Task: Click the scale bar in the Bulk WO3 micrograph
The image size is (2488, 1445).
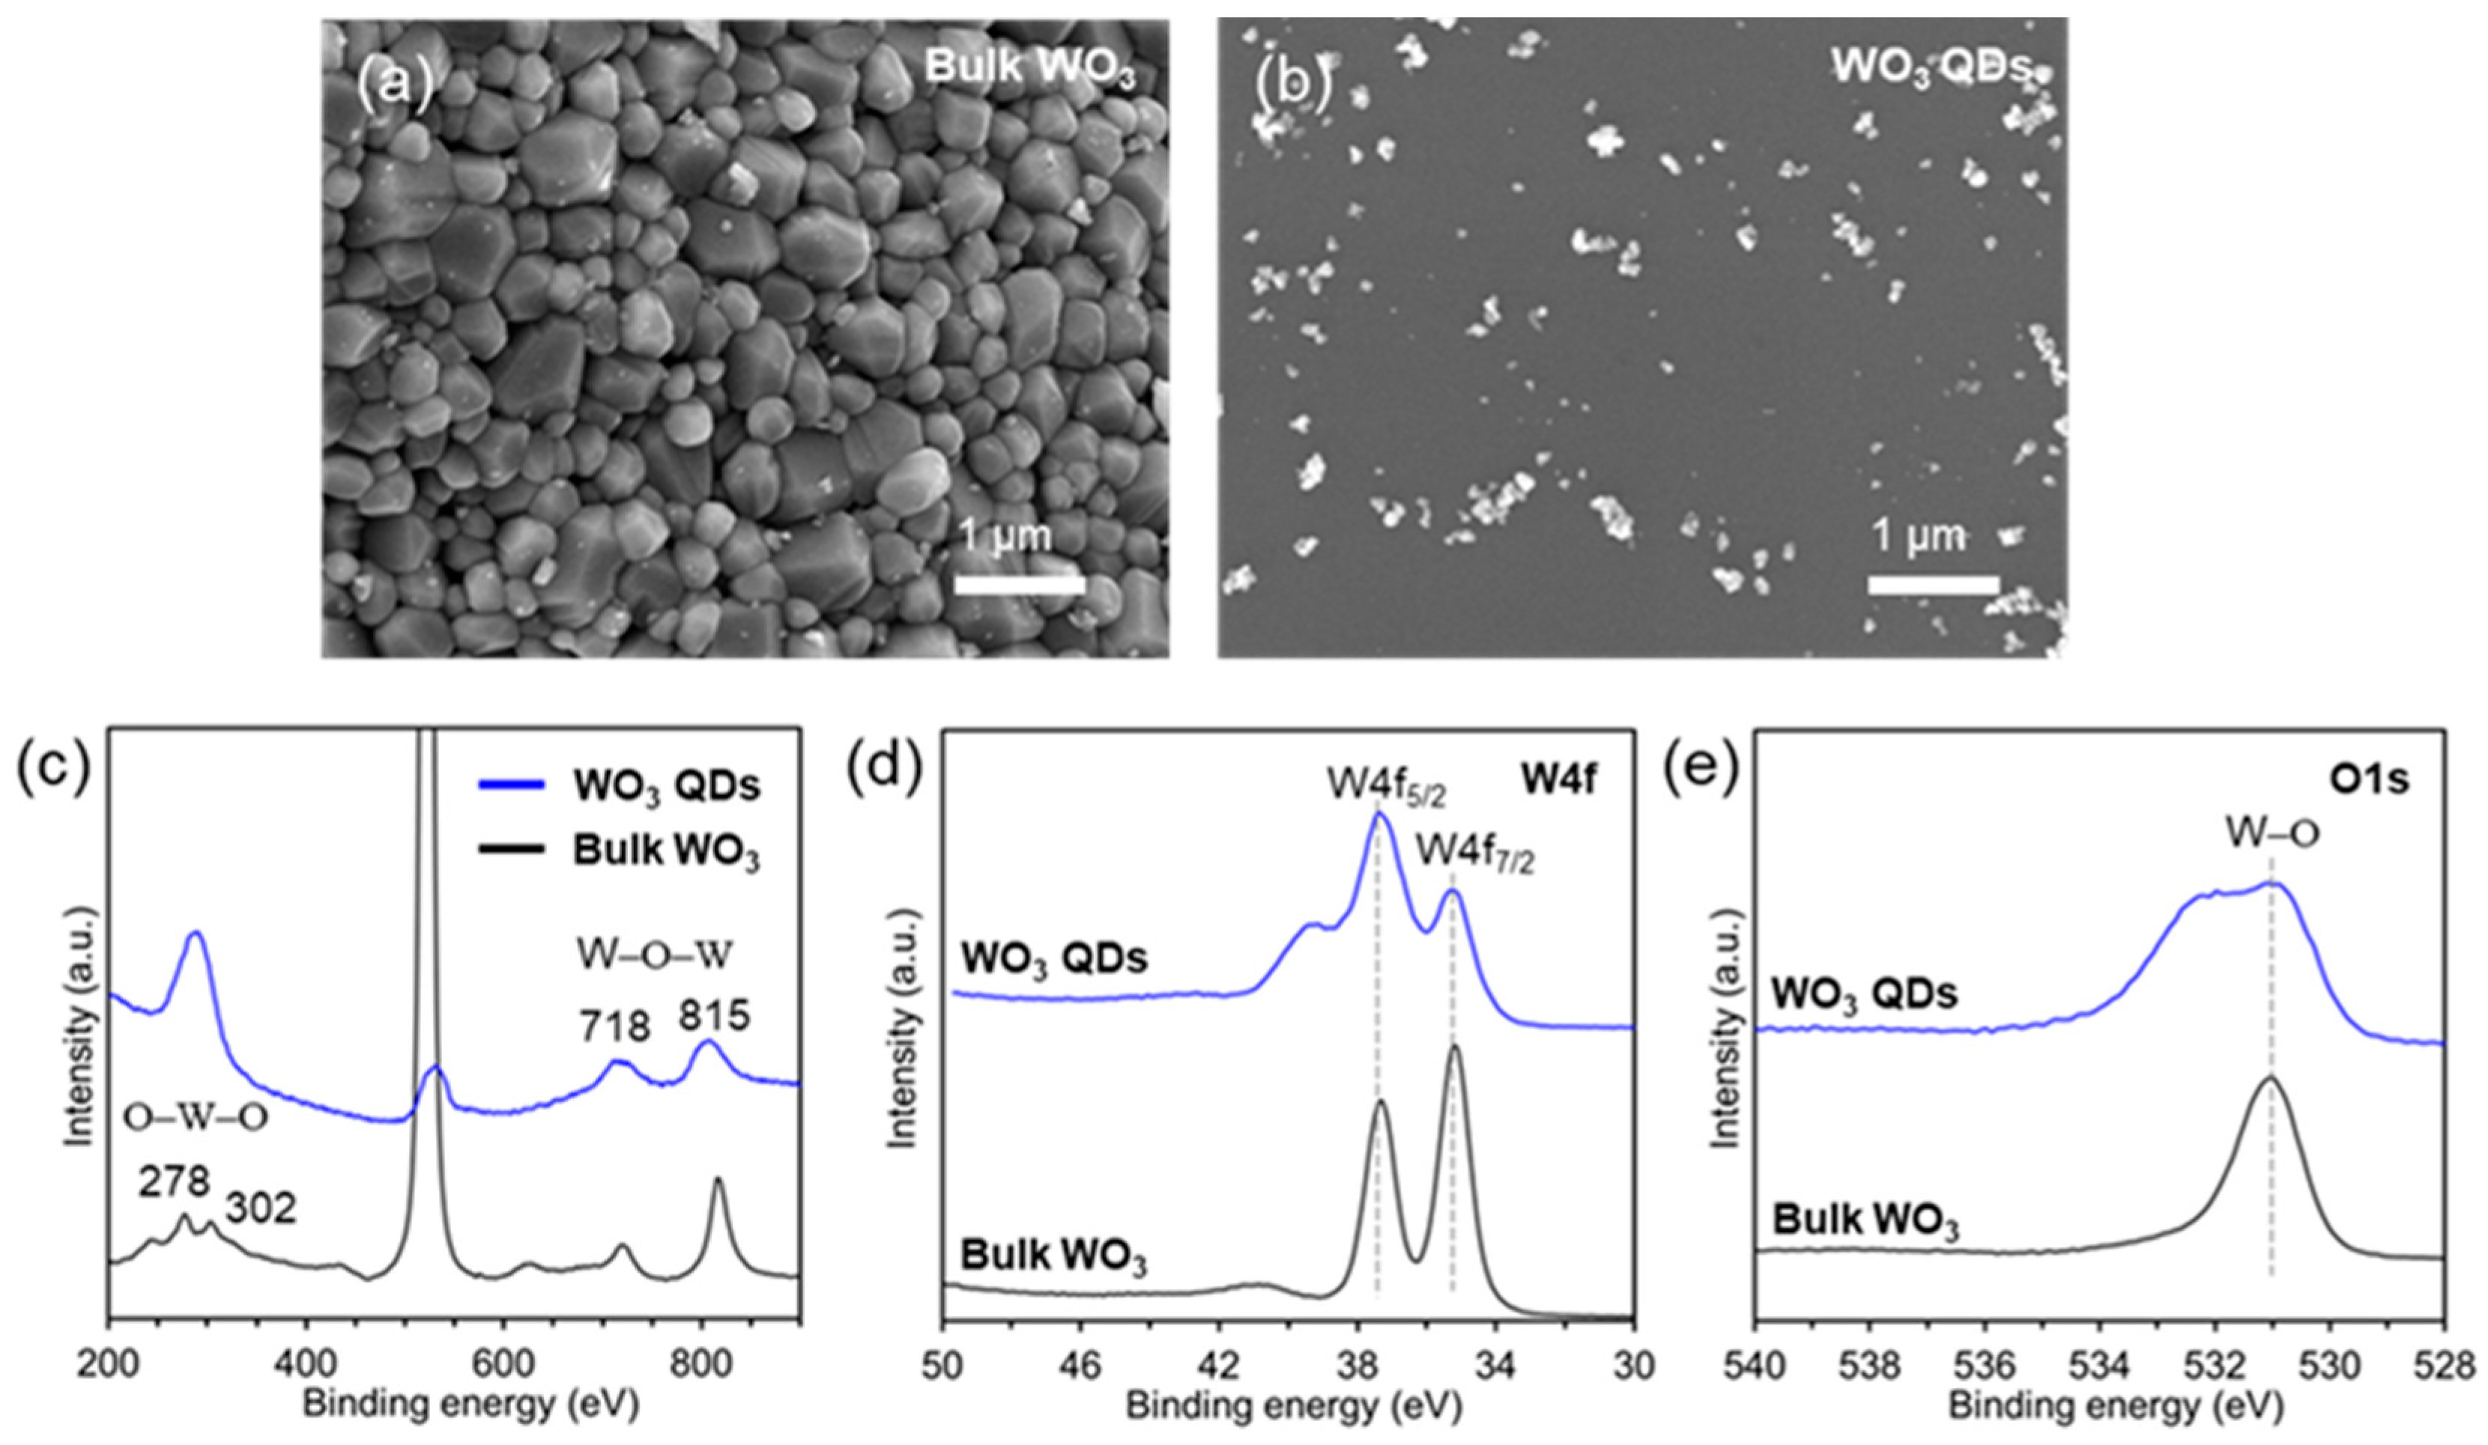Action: [x=1019, y=585]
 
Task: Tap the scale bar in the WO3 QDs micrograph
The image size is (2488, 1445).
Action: [x=1932, y=585]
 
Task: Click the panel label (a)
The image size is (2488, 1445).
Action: [x=395, y=83]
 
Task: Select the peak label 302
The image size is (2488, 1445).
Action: [x=261, y=1208]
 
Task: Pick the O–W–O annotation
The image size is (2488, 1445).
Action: [x=196, y=1119]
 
